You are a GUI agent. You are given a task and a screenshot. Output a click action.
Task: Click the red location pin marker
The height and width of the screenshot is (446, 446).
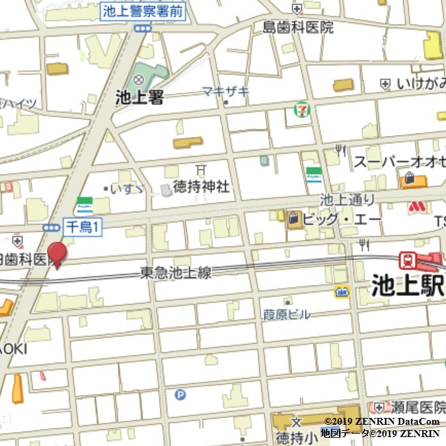point(57,253)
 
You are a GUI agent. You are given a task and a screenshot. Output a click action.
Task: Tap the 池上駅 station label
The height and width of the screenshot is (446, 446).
point(408,284)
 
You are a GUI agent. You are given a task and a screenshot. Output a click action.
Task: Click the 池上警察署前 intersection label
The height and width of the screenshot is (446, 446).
point(143,11)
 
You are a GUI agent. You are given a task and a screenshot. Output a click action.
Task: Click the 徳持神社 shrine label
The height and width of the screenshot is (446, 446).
point(201,187)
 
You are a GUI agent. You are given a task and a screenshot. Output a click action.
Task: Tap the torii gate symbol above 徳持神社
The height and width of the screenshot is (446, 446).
point(200,169)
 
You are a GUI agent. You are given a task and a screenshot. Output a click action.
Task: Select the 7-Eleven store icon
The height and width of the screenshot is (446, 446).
point(301,109)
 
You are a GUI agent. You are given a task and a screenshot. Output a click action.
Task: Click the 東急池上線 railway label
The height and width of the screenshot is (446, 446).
point(176,273)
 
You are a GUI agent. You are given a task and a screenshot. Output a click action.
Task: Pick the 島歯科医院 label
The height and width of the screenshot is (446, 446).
point(298,27)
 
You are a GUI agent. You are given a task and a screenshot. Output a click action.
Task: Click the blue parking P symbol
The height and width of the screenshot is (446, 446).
point(180,394)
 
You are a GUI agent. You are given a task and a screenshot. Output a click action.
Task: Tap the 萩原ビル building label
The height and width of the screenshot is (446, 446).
point(286,314)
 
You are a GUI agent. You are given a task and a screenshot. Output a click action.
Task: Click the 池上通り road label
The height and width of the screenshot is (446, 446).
point(348,200)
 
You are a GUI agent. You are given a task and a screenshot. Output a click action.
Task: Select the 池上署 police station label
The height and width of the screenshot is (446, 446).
point(140,98)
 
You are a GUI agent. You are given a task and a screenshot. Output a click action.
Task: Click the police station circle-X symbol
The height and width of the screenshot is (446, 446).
point(140,80)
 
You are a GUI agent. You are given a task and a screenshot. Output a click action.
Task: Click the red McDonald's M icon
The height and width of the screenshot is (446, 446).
point(416,206)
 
